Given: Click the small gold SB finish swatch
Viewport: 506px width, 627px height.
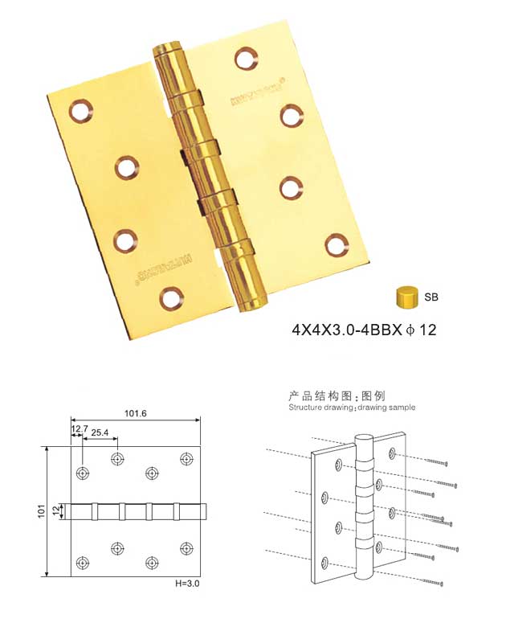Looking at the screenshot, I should (x=406, y=297).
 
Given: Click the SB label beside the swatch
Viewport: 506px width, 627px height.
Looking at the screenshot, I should (x=431, y=297).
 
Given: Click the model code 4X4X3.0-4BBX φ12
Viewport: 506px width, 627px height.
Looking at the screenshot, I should (x=364, y=330).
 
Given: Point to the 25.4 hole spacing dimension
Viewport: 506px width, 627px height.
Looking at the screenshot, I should (x=100, y=432).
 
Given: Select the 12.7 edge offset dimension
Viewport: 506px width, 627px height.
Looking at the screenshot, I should (x=79, y=430).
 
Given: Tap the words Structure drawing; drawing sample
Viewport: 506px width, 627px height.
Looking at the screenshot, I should (x=352, y=408).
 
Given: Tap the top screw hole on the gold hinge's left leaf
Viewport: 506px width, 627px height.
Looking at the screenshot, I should (x=80, y=111).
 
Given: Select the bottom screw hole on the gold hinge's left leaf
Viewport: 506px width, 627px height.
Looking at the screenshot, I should (x=170, y=299).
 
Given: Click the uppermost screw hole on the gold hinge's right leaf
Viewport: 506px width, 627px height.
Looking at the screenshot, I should (x=245, y=58).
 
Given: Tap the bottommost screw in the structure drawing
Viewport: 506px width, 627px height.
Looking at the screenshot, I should (x=430, y=580).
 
